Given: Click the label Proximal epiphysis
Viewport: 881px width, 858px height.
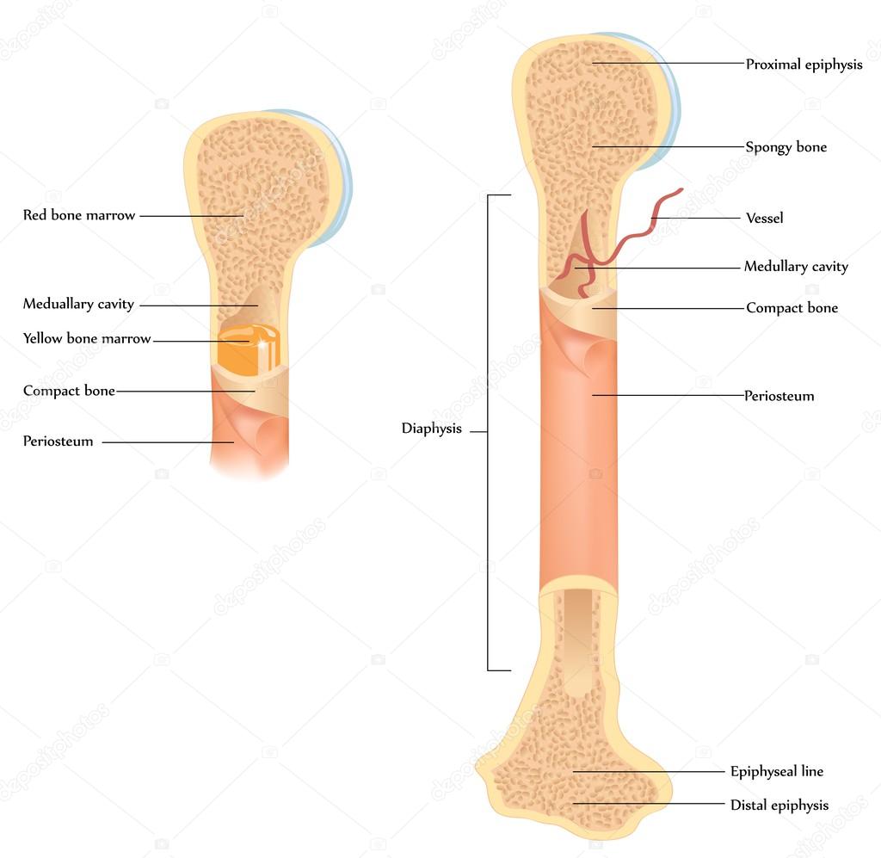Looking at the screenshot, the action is (x=804, y=65).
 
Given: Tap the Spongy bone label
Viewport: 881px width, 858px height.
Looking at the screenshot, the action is (x=786, y=147).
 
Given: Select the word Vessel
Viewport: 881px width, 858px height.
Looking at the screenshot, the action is (x=764, y=218).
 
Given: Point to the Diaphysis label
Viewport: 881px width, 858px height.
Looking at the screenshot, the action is (x=431, y=429).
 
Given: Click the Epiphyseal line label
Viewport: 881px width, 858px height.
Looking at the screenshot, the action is (x=777, y=771).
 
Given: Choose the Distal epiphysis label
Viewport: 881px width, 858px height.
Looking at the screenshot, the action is (x=779, y=806).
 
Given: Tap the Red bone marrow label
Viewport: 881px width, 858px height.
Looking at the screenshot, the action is (x=78, y=215).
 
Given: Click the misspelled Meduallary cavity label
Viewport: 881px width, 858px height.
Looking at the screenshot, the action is (x=78, y=304).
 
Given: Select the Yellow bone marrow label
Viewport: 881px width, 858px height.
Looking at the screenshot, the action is (x=87, y=338).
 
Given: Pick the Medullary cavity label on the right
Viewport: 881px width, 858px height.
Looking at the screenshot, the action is (x=796, y=266).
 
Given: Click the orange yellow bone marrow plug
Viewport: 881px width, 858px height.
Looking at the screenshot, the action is (x=249, y=350).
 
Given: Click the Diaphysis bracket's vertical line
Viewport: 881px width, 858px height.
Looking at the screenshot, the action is (x=487, y=433).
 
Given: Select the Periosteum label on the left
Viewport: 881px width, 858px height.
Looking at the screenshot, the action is (x=58, y=441).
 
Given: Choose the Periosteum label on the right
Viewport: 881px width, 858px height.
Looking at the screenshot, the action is (x=779, y=396).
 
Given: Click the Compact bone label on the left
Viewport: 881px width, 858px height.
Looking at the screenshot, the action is (x=69, y=391).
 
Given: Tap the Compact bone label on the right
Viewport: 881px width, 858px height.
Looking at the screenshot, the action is (x=792, y=308).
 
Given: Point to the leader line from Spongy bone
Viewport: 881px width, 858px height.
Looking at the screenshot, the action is (x=668, y=146).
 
